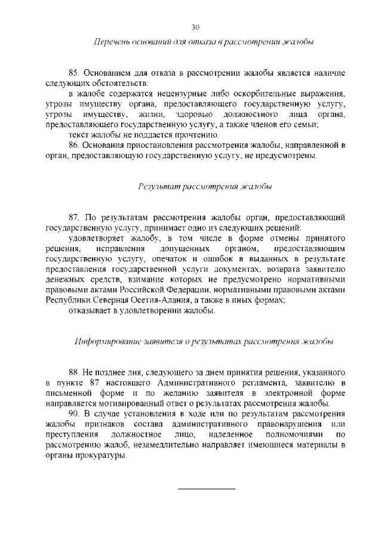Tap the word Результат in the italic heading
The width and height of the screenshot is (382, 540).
pyautogui.click(x=159, y=187)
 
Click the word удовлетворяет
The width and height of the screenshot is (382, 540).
pyautogui.click(x=95, y=238)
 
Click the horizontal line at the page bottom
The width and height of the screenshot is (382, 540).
pyautogui.click(x=207, y=489)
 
